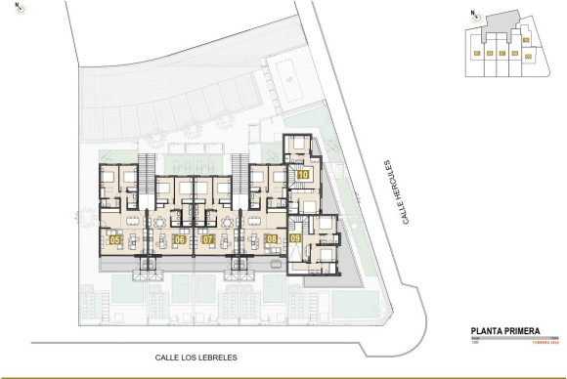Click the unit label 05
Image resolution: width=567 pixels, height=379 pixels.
114,239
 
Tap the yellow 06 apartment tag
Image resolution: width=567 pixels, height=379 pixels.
178,239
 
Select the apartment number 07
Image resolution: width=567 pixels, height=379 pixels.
207,239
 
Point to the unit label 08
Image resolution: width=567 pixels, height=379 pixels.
271,238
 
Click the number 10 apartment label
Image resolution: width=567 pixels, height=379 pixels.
303,175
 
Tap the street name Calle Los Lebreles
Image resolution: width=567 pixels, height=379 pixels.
196,358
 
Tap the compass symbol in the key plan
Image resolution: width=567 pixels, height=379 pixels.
473,14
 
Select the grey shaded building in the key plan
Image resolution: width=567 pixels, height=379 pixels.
501,22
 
